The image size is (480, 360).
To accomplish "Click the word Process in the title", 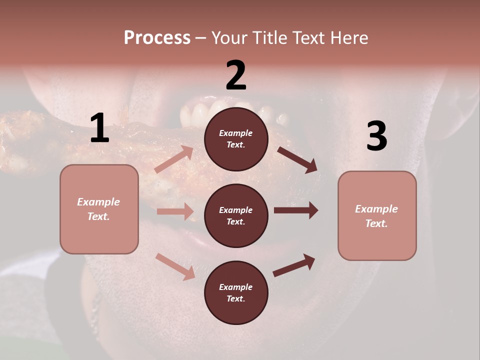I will click(x=157, y=38).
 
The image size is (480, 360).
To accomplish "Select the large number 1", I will click(x=99, y=128).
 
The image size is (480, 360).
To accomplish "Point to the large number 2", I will click(x=236, y=75).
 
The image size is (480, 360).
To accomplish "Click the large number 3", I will click(x=376, y=136).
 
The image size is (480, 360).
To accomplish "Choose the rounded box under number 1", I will click(x=99, y=209).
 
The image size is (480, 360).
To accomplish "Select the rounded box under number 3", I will click(x=377, y=215).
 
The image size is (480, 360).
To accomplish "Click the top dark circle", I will click(x=236, y=139).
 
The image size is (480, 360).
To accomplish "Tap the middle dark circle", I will click(x=236, y=215).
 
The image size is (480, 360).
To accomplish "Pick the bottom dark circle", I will click(x=236, y=292).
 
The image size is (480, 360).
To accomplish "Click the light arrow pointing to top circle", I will click(x=174, y=159).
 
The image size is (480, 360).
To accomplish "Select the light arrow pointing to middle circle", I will click(x=175, y=211).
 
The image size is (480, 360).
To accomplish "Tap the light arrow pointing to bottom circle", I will click(x=175, y=266).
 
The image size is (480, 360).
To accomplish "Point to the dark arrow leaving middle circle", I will click(x=296, y=210).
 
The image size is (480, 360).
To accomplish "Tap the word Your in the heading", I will click(x=230, y=38).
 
